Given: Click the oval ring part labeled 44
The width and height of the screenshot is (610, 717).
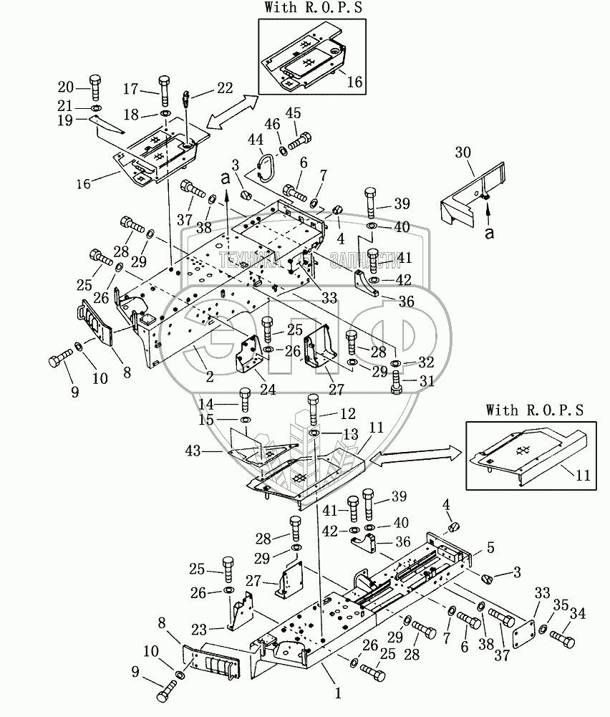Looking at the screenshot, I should (x=267, y=165).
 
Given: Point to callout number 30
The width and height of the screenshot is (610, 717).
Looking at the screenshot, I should (x=463, y=151).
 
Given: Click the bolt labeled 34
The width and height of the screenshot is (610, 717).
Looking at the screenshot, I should (x=564, y=635).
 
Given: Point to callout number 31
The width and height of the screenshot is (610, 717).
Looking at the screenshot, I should (x=427, y=382).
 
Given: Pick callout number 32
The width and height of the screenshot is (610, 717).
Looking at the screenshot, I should (x=427, y=363).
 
